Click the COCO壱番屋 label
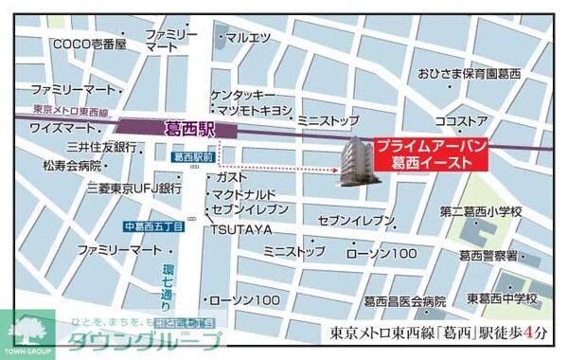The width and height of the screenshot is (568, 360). coord(89,44)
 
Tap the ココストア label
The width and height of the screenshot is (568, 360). coord(461,121)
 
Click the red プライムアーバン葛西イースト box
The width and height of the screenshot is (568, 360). coord(430,155)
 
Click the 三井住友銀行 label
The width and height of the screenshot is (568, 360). coord(100,147)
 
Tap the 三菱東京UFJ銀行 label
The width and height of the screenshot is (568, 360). coord(133,189)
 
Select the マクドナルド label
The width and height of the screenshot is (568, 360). coord(243,193)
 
